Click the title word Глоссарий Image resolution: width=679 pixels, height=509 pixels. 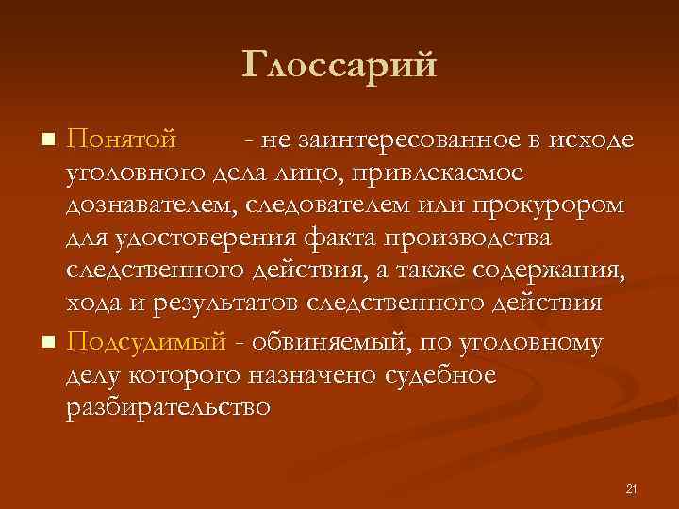coord(339,66)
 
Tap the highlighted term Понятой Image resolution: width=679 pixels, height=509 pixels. coord(122,140)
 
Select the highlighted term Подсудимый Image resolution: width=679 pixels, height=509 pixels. coord(146,341)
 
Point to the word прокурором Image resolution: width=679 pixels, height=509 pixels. coord(561,206)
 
